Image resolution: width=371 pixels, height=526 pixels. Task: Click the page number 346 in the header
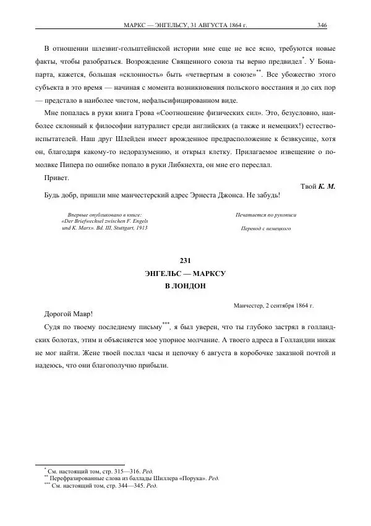coord(322,25)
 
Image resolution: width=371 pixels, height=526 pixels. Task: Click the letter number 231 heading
coord(185,260)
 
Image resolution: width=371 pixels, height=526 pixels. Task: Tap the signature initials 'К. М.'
coord(326,186)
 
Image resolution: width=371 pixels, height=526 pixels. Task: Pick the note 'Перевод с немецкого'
coord(261,228)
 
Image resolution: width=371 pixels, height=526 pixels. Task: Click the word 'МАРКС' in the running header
coord(139,25)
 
